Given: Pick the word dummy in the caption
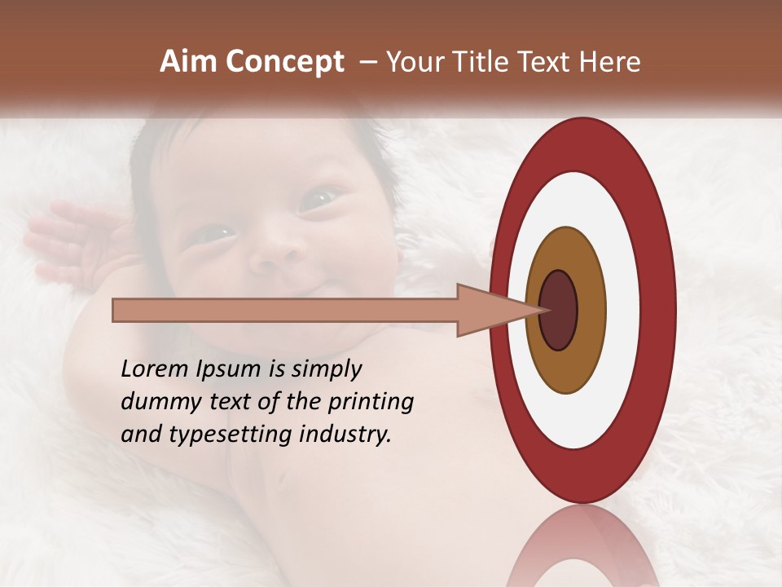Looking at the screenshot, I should (x=156, y=401).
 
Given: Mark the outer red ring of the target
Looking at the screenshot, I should (x=659, y=311).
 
